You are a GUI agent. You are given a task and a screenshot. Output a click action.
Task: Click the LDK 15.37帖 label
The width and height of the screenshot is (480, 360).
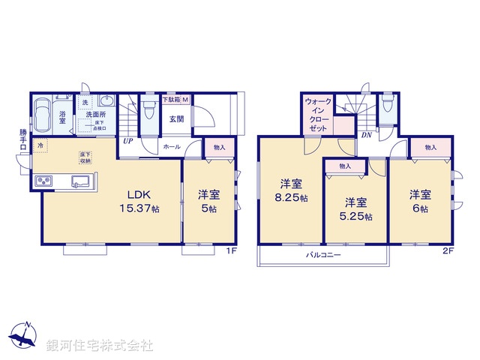pyautogui.click(x=141, y=200)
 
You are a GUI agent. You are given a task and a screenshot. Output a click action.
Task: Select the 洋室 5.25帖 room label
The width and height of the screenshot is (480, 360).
pyautogui.click(x=357, y=209)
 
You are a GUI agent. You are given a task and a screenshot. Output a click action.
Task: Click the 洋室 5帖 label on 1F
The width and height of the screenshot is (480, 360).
pyautogui.click(x=208, y=200)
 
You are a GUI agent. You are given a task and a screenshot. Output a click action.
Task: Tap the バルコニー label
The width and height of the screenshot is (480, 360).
pyautogui.click(x=323, y=256)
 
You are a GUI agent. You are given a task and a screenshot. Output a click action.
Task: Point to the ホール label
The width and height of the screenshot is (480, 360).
pyautogui.click(x=171, y=147)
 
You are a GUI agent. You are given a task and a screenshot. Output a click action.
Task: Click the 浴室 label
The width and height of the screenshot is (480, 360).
pyautogui.click(x=64, y=118)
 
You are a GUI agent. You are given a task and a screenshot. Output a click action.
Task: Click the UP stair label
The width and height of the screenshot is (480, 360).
pyautogui.click(x=128, y=140)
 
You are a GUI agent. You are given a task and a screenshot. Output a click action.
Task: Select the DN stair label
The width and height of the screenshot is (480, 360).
pyautogui.click(x=367, y=136)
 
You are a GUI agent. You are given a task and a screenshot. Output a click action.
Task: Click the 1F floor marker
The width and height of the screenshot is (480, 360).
pyautogui.click(x=232, y=250)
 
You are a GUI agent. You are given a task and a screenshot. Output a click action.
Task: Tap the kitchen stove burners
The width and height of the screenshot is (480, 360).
pyautogui.click(x=43, y=181)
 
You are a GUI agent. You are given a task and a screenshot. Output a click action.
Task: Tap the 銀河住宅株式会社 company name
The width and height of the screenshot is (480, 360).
pyautogui.click(x=100, y=346)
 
